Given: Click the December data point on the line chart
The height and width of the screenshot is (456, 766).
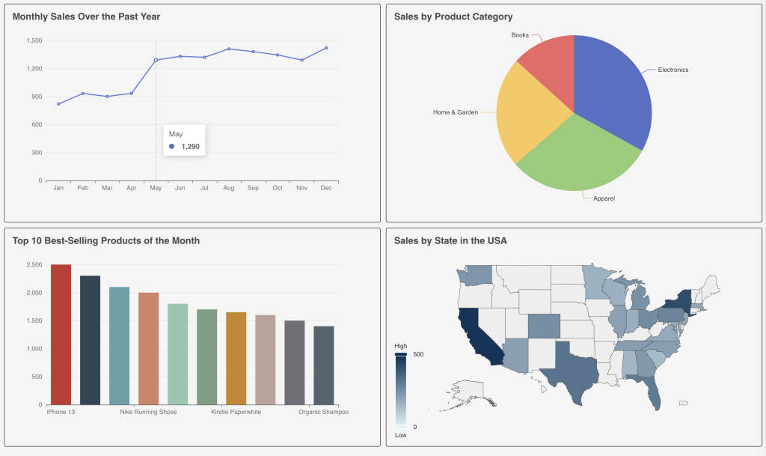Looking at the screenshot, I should (x=326, y=48).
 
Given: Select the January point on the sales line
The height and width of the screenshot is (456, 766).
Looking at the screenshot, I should (x=58, y=103).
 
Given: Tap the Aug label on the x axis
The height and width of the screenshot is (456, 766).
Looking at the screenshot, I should (x=229, y=188).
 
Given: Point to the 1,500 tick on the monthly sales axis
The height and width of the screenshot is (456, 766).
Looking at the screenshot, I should (x=34, y=40).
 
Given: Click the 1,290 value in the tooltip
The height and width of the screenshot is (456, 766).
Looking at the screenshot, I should (x=191, y=147).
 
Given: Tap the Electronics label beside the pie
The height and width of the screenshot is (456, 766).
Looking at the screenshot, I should (x=673, y=70).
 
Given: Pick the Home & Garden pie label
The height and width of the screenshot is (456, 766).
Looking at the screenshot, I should (x=455, y=112).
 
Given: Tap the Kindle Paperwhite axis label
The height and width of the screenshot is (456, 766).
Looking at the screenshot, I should (x=236, y=413).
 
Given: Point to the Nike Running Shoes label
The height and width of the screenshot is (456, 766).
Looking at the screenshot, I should (x=148, y=413).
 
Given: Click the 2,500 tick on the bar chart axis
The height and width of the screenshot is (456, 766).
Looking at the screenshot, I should (x=33, y=265).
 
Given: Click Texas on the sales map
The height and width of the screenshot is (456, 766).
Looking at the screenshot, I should (x=569, y=367).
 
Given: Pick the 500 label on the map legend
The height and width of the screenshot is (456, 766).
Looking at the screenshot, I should (x=418, y=354).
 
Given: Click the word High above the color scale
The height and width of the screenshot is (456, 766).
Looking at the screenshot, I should (x=401, y=346).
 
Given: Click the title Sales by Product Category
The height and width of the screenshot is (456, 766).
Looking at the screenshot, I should (x=453, y=16).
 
